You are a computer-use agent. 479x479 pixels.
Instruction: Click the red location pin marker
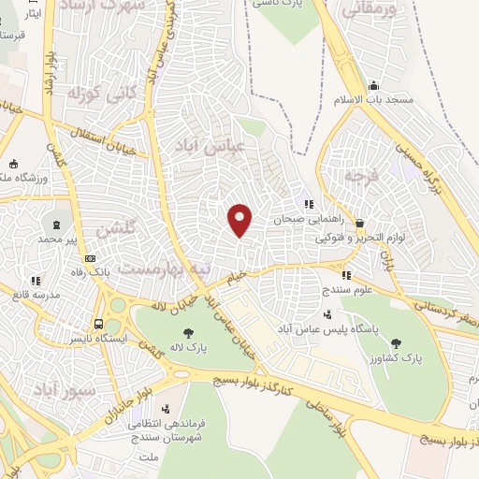point(240,220)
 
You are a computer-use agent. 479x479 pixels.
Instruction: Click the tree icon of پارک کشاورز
point(395,343)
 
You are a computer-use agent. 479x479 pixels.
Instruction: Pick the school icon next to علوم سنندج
point(346,275)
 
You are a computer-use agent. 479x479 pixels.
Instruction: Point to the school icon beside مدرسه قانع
point(36,280)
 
